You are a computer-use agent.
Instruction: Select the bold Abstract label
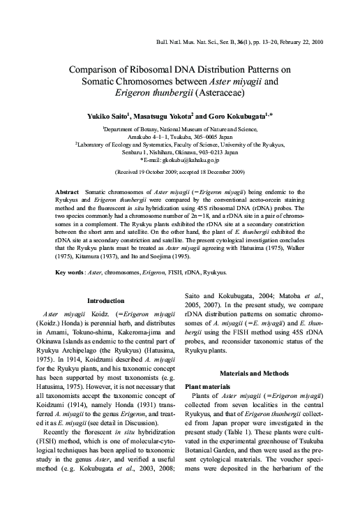pos(67,191)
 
